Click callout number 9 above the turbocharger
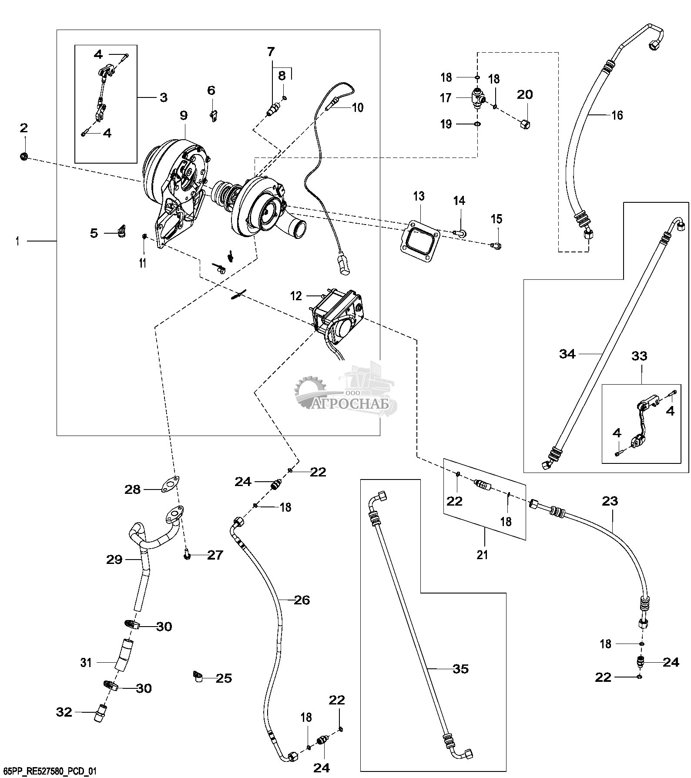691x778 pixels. click(x=184, y=115)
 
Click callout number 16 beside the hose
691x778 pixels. click(x=617, y=115)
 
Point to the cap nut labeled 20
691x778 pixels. click(x=525, y=124)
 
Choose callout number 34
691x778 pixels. click(x=567, y=354)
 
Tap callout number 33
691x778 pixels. click(x=639, y=356)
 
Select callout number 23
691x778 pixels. click(x=610, y=501)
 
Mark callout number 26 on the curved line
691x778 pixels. click(x=302, y=600)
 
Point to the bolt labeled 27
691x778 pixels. click(x=187, y=556)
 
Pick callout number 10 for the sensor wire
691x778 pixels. click(x=357, y=107)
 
